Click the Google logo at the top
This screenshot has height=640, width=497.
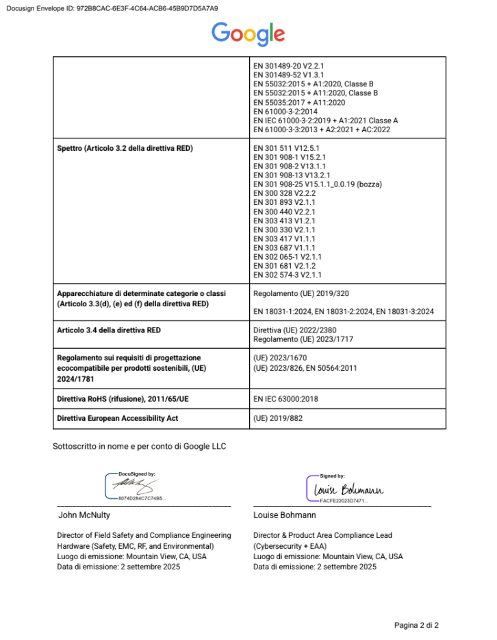(248, 34)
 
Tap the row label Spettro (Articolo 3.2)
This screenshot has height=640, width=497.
(125, 149)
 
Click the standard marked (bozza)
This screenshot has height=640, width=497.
(318, 184)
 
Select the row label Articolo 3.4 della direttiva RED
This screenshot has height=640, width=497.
(109, 330)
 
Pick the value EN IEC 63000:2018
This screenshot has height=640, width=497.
(285, 398)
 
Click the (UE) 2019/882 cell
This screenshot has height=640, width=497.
(279, 417)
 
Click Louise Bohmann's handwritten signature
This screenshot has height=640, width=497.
(348, 489)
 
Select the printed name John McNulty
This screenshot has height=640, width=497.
(84, 515)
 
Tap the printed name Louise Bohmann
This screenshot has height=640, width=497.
(285, 515)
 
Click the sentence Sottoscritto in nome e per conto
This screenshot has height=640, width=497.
(140, 447)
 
